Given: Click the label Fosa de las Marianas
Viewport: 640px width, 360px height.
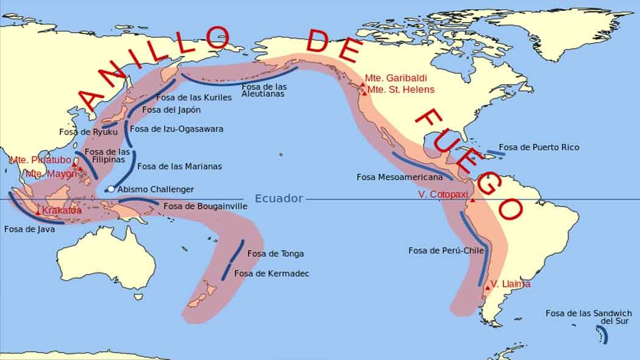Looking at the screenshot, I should click(x=179, y=166).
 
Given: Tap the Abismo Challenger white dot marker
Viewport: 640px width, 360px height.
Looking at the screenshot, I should click(x=111, y=189).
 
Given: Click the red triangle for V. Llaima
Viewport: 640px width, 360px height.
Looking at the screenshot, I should click(x=488, y=287).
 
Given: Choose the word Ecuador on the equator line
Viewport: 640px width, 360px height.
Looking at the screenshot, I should click(x=279, y=199).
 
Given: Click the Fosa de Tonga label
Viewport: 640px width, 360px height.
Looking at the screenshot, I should click(x=275, y=253).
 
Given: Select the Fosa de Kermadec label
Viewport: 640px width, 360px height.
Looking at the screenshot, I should click(x=271, y=274).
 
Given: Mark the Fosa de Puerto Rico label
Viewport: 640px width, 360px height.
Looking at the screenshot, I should click(x=539, y=147).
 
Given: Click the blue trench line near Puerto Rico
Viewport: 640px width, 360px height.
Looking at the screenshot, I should click(x=495, y=153).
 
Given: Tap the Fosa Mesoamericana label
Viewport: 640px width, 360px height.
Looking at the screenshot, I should click(x=399, y=177).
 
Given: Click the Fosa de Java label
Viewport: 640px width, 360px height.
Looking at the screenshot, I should click(x=29, y=230).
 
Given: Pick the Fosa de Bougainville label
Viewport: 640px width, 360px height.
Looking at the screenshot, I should click(x=205, y=206).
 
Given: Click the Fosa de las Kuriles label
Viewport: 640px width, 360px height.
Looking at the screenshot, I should click(x=194, y=97).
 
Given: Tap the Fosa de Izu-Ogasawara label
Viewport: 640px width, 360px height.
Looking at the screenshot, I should click(x=177, y=129).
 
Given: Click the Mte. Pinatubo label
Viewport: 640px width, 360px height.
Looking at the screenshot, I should click(x=38, y=160).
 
